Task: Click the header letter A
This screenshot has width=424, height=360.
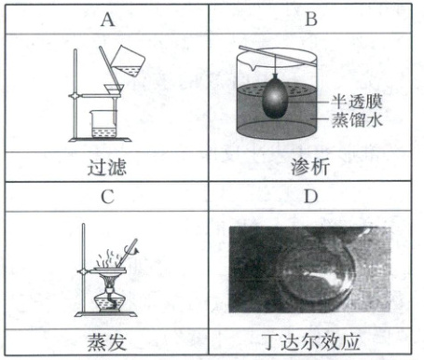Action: pos(107,20)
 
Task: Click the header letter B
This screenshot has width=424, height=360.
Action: pos(311,20)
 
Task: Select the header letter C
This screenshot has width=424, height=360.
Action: pos(107,197)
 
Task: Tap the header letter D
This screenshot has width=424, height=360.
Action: pos(311,197)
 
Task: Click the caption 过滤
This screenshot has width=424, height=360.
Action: pos(107,167)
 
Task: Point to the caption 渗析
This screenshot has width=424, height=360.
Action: pos(310,167)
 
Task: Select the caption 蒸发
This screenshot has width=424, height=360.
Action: pos(107,342)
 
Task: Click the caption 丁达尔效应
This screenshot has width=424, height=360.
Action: pos(310,342)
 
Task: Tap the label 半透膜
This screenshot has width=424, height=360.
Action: pos(356,101)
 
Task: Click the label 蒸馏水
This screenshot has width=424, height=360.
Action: pos(357,119)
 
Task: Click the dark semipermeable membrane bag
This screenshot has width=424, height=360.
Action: pos(274,96)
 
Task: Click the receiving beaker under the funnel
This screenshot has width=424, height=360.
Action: pos(103,124)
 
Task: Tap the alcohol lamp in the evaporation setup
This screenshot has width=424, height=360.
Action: pos(110,297)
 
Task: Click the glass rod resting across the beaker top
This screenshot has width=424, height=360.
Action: pos(278,56)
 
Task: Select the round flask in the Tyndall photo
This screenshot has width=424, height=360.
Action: pos(315,273)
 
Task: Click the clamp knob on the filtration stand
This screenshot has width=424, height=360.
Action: pos(75,96)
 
